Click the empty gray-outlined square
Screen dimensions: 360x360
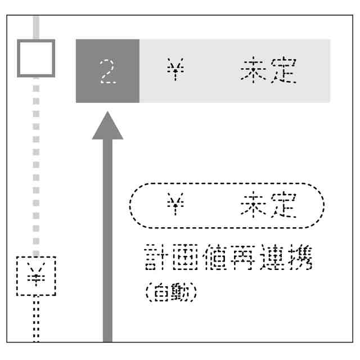pos(36,58)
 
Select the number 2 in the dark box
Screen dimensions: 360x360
pos(107,71)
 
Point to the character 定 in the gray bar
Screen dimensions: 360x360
pos(283,71)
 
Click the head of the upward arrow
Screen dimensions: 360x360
pos(107,127)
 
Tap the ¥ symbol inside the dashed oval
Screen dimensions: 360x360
pos(175,206)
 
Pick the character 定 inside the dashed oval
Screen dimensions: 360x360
pos(283,206)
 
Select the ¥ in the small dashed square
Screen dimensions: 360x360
pos(36,276)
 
